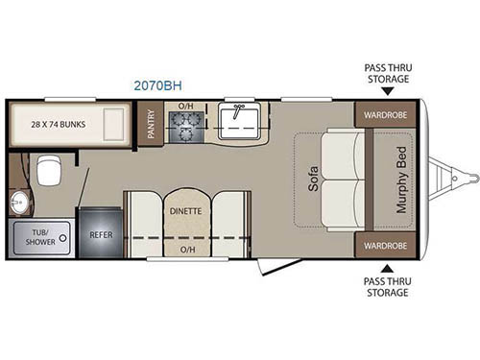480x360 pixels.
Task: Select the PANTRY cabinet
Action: pyautogui.click(x=151, y=124)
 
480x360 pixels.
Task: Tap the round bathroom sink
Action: pyautogui.click(x=20, y=204)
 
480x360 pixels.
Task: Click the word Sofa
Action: pyautogui.click(x=314, y=180)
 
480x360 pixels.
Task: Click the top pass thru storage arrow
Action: pyautogui.click(x=388, y=92)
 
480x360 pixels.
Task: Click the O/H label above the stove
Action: pyautogui.click(x=186, y=105)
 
